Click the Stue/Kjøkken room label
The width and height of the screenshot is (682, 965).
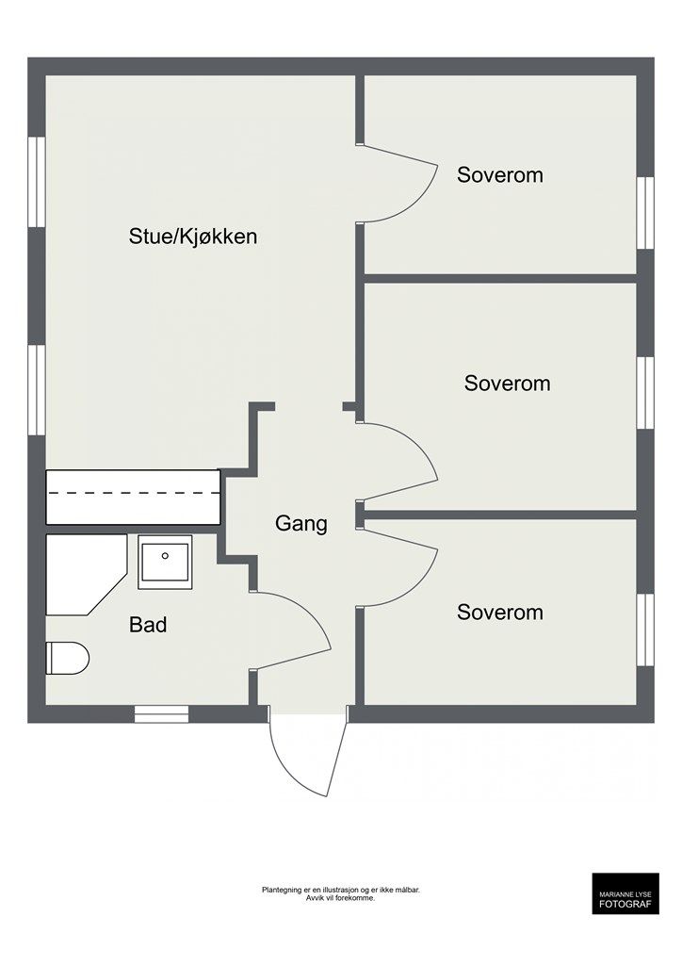click(x=192, y=237)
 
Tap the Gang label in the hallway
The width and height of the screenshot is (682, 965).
click(x=300, y=524)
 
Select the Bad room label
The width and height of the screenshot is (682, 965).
click(x=148, y=625)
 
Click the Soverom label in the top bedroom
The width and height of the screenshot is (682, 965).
click(x=500, y=174)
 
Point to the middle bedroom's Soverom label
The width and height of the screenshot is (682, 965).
click(x=508, y=384)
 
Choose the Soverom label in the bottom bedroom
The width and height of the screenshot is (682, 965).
click(x=500, y=613)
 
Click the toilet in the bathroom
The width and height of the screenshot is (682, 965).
click(x=68, y=658)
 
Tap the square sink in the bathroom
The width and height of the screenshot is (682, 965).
click(x=165, y=562)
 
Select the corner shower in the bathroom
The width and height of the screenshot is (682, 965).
click(x=86, y=574)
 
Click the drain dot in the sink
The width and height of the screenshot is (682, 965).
click(x=165, y=556)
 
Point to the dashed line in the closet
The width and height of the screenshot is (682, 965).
click(x=134, y=494)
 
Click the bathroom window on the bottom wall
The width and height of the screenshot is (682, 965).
click(x=162, y=714)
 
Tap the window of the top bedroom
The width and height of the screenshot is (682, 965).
click(x=645, y=213)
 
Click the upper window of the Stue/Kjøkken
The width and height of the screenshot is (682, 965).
click(x=37, y=182)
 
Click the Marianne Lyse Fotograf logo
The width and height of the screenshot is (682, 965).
click(x=625, y=893)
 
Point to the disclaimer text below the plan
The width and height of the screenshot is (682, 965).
click(x=341, y=893)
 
